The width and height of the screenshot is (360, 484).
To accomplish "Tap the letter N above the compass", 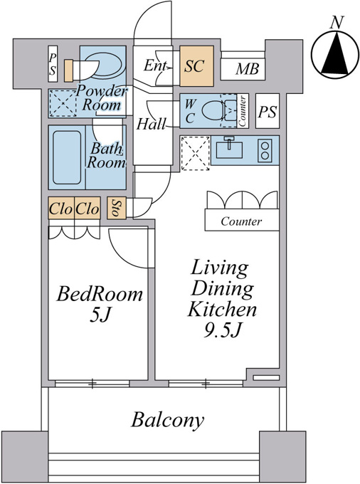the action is click(x=337, y=23).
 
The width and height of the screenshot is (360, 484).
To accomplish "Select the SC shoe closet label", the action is click(x=194, y=65).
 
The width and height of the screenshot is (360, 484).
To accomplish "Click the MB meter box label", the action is click(x=248, y=69).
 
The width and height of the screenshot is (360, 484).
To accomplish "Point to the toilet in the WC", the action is click(x=219, y=110).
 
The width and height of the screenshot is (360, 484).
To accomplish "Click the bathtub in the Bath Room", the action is click(x=67, y=157).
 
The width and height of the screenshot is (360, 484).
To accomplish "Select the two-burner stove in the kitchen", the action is click(x=265, y=150).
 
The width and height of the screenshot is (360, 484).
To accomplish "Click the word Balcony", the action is click(x=167, y=420).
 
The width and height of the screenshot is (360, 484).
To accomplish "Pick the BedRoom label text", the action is click(x=100, y=294).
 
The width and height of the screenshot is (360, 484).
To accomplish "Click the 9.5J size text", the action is click(x=222, y=330).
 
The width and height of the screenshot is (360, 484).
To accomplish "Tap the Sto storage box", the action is click(x=117, y=208).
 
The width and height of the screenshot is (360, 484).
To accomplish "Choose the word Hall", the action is click(x=151, y=124).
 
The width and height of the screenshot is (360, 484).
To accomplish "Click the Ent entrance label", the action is click(x=156, y=65).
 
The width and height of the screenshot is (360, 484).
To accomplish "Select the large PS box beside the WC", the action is click(x=268, y=111).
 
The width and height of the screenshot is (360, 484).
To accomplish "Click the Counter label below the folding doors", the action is click(x=241, y=221).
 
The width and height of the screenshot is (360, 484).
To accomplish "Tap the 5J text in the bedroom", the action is click(x=100, y=315).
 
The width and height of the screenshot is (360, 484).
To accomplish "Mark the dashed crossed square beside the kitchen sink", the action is click(x=195, y=154).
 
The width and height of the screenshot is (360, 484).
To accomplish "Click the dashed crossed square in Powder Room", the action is click(x=63, y=103).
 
